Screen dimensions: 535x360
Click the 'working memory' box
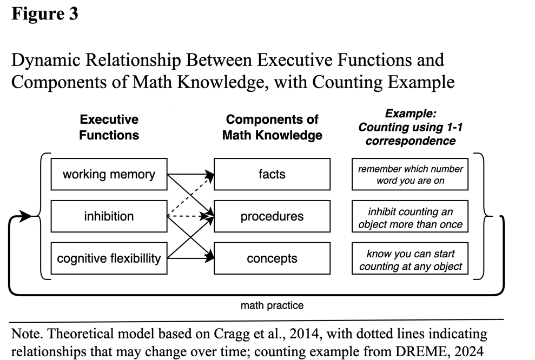tap(109, 174)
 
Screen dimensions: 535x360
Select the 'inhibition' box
tap(109, 216)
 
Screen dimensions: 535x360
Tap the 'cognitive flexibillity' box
tap(109, 258)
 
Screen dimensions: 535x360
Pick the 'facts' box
tap(272, 174)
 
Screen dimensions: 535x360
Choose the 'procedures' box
tap(272, 216)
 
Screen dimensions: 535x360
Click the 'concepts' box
tap(272, 258)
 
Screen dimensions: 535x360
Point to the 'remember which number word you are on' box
tap(410, 174)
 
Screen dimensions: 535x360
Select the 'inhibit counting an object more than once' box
tap(410, 216)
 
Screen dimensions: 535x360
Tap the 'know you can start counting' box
tap(410, 258)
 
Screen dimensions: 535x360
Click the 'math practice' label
tap(272, 305)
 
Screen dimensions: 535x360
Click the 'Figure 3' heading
tap(45, 14)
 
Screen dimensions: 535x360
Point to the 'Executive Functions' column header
tap(109, 127)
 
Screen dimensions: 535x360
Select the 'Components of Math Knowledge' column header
tap(272, 127)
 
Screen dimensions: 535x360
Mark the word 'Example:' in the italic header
tap(411, 114)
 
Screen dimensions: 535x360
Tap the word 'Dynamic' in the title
tap(46, 61)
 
